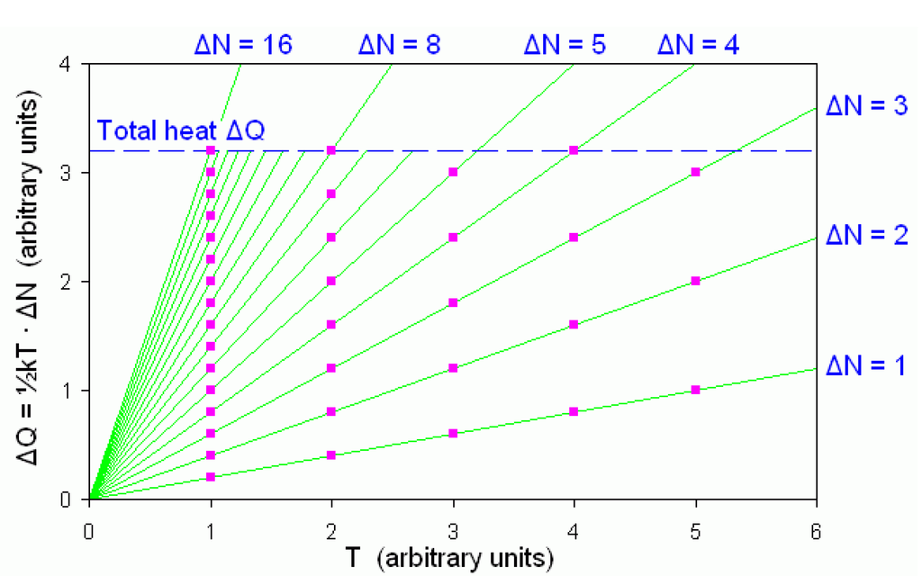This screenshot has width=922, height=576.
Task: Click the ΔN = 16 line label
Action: click(244, 45)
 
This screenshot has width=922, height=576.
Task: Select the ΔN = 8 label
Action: click(399, 45)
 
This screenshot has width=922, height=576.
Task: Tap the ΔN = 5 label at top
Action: click(565, 45)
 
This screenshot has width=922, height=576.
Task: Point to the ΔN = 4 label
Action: click(699, 45)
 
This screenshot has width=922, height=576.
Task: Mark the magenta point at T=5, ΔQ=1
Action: click(695, 390)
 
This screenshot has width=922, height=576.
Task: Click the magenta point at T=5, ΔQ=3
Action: click(695, 172)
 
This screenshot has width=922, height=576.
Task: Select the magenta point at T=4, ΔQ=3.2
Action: click(574, 150)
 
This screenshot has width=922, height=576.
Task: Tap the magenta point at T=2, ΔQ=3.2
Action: click(331, 150)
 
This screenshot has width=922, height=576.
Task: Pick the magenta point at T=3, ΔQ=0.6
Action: click(453, 433)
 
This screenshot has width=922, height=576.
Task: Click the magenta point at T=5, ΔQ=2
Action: click(695, 281)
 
